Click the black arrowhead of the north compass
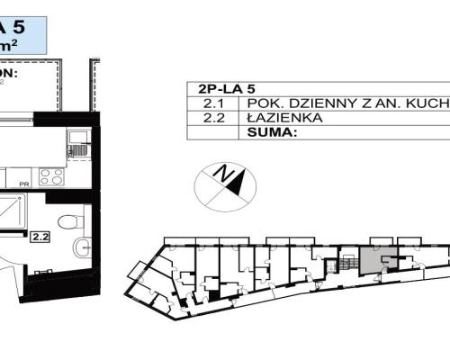pos(237,184)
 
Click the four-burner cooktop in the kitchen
pos(51,176)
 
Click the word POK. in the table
pos(261,103)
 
